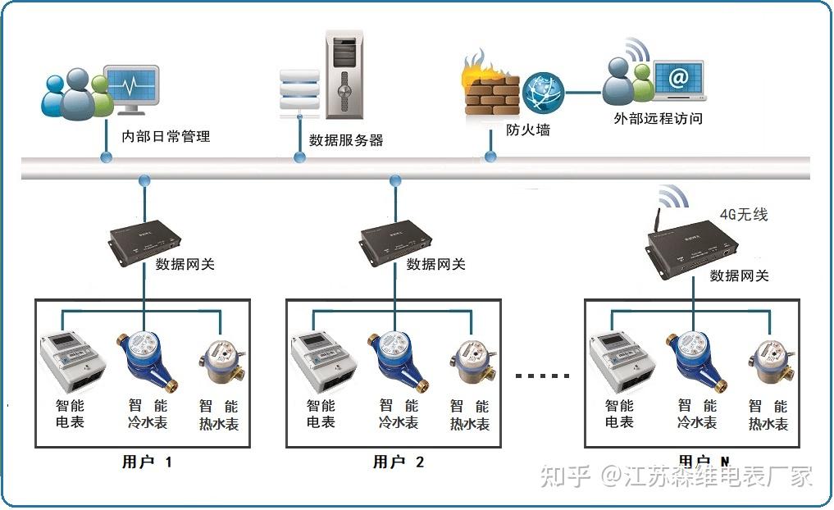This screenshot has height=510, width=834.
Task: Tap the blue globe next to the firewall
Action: tap(543, 92)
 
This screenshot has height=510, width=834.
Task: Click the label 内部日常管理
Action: tap(166, 136)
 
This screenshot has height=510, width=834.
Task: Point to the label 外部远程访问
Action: tap(658, 118)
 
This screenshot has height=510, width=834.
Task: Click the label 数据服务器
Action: tap(346, 139)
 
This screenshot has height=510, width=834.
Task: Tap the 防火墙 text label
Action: tap(527, 130)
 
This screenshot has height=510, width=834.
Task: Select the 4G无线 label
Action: tap(743, 215)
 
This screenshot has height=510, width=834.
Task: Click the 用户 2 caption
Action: tap(398, 462)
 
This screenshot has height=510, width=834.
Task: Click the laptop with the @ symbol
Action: tap(678, 80)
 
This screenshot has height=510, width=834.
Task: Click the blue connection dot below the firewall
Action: tap(490, 156)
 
